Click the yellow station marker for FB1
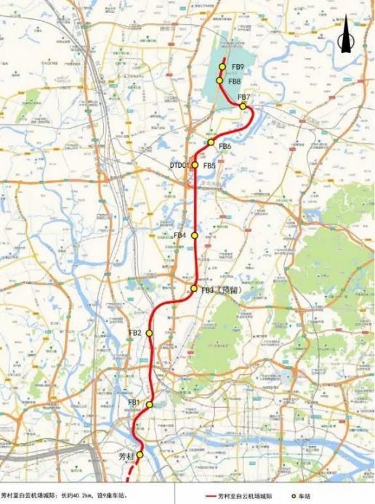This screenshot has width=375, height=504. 149,405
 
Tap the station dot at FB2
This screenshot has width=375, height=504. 149,333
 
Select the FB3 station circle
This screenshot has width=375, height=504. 194,289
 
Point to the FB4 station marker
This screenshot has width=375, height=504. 194,236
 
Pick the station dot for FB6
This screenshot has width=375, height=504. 211,142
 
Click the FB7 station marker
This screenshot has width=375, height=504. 243,106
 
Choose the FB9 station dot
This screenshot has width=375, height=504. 222,67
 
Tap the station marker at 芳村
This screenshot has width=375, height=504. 140,455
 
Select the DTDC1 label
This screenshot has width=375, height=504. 180,166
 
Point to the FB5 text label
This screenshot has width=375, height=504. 209,166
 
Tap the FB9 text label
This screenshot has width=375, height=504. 237,67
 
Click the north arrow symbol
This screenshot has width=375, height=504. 347,36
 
